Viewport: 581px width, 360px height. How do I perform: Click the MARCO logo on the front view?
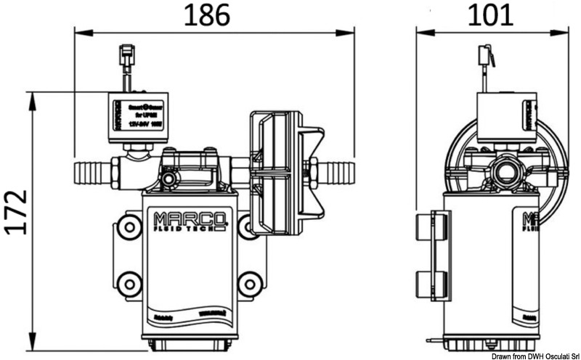[191, 216]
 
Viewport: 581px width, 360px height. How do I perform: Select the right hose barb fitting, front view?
[336, 173]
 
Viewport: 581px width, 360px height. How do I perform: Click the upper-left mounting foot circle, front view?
[129, 227]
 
